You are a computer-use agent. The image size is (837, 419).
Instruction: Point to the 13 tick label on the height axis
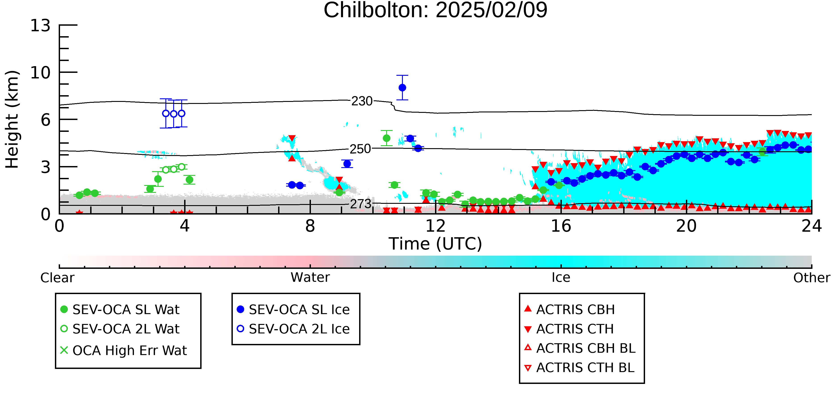(x=40, y=25)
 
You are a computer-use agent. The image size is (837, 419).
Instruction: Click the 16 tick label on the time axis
(x=561, y=226)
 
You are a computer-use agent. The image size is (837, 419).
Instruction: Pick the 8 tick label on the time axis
(x=310, y=226)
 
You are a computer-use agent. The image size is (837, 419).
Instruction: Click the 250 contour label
(x=360, y=149)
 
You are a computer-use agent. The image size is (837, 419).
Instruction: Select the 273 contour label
(x=360, y=204)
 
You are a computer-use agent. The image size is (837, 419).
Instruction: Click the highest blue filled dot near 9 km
(x=402, y=88)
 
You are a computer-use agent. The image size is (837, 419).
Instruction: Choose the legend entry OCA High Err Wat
(x=123, y=350)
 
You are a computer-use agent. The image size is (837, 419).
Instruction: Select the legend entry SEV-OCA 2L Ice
(x=294, y=329)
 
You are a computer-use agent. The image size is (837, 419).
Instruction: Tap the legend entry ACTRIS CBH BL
(x=580, y=348)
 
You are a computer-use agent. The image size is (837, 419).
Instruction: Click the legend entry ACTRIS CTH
(x=569, y=329)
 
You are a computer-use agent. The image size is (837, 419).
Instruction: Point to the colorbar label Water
(x=310, y=278)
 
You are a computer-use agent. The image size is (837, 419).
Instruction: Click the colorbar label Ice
(x=561, y=278)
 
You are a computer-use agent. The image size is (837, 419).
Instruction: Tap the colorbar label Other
(x=812, y=278)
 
